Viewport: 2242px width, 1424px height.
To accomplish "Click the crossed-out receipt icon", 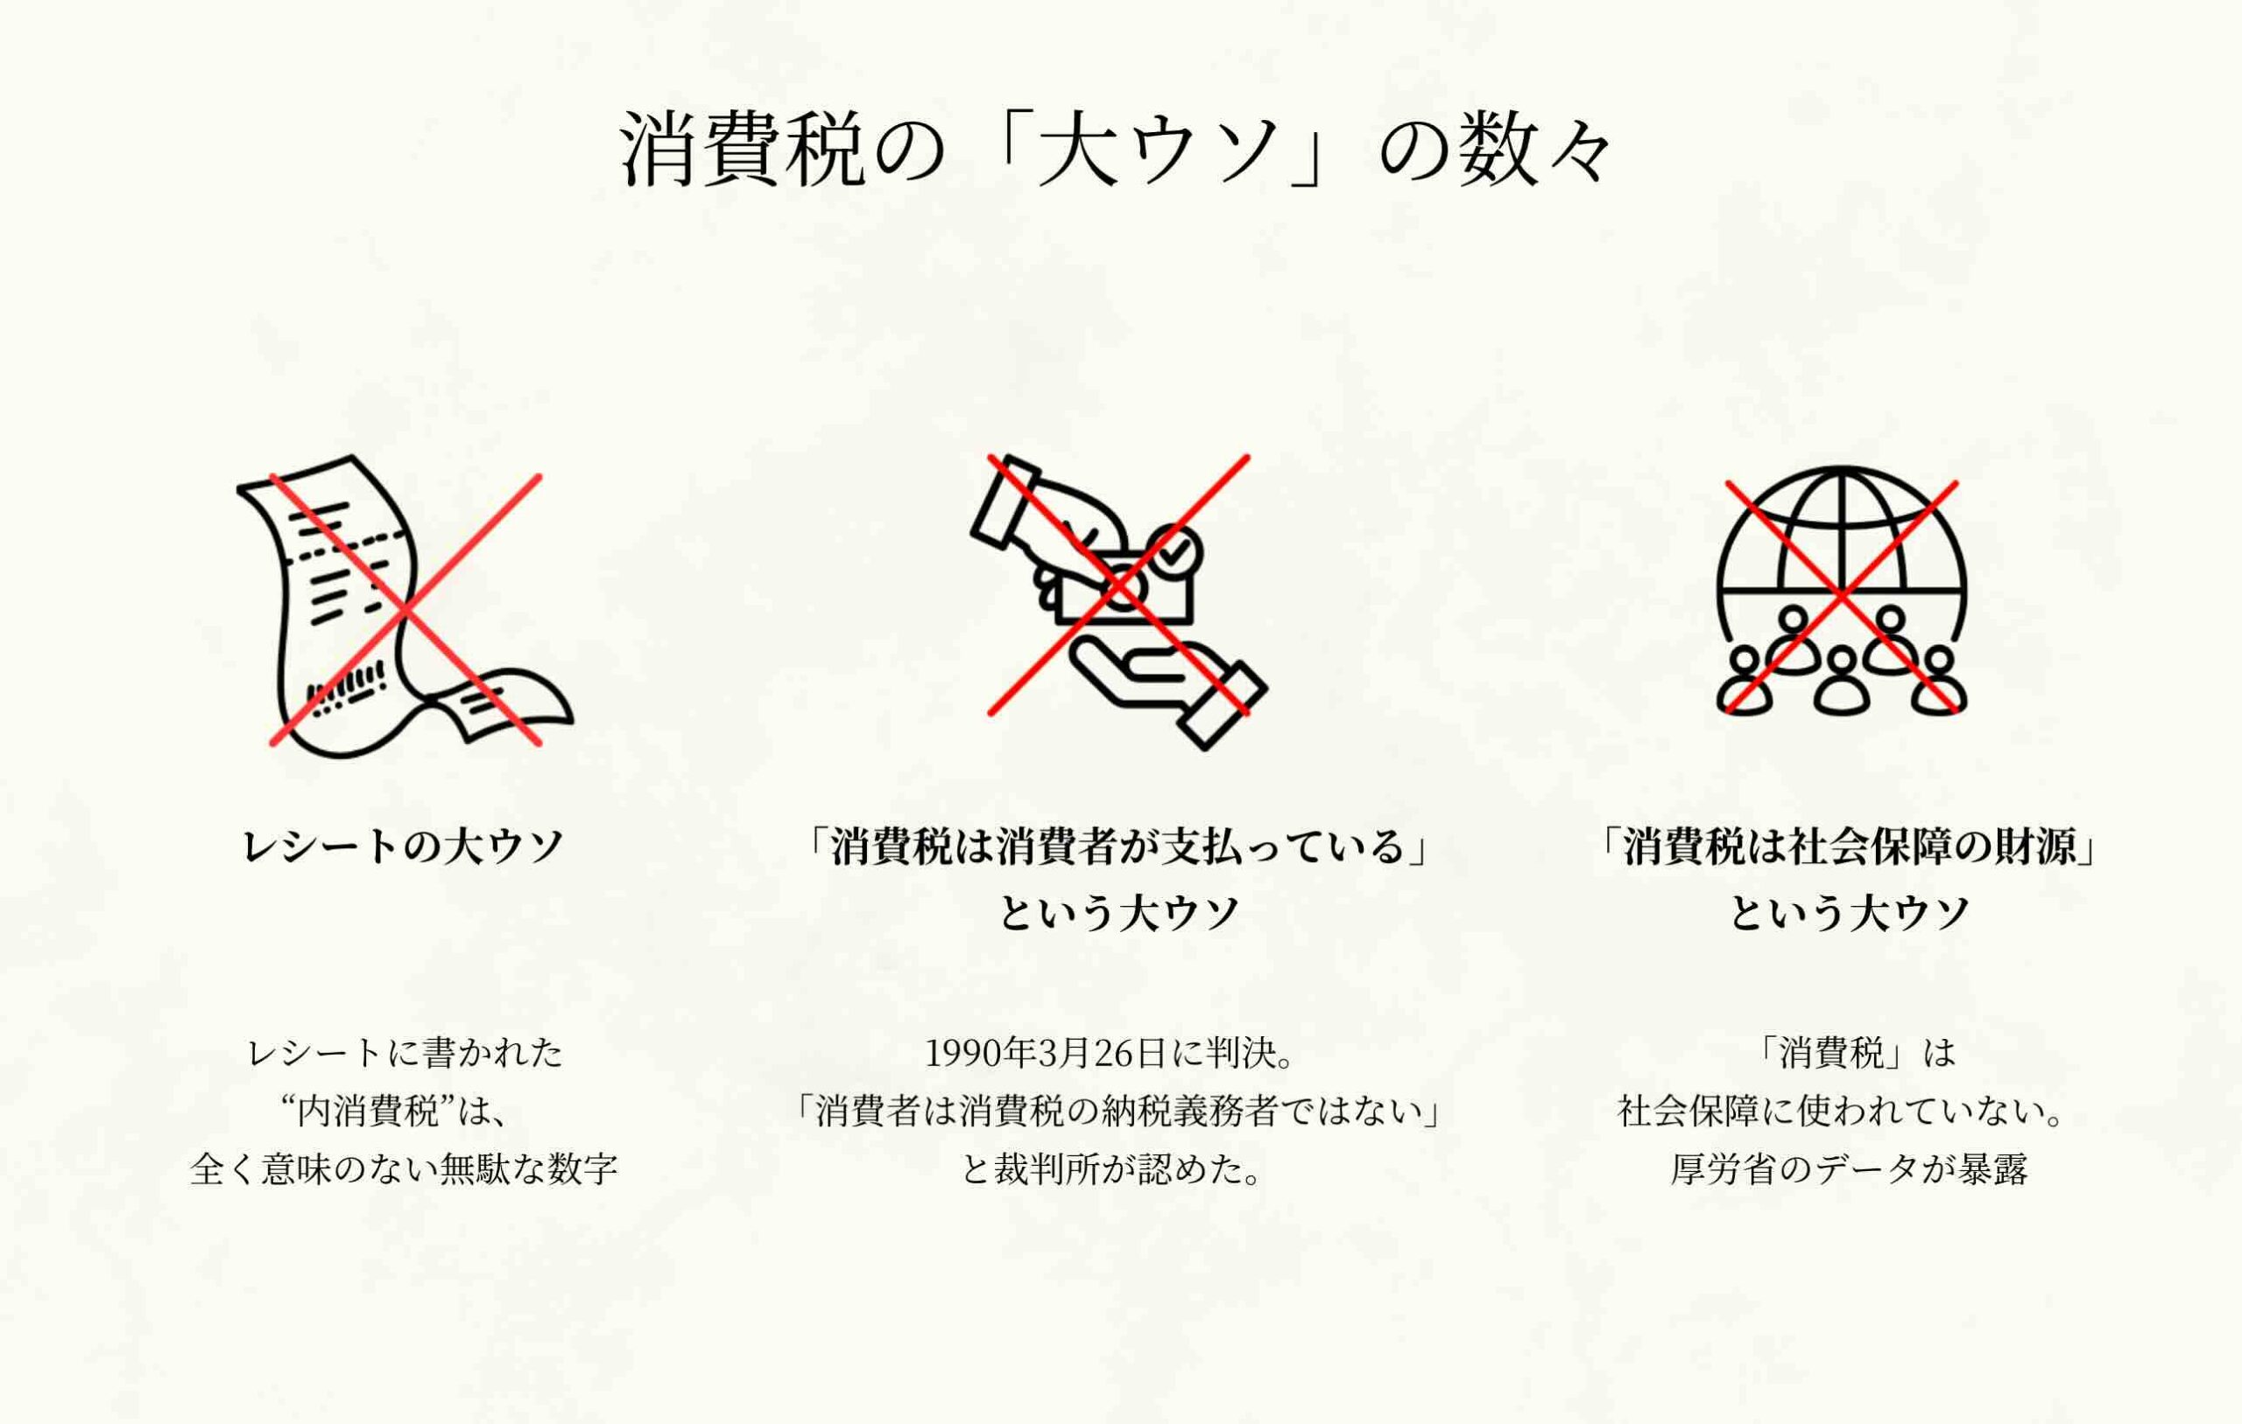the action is point(405,607).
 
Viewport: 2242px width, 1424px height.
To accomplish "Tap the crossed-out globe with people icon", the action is point(1842,591).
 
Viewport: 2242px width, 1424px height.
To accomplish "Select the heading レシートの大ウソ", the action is point(403,846).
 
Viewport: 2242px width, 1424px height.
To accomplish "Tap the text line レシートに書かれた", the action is point(405,1053).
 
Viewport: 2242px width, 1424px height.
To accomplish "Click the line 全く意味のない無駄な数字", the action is point(404,1169).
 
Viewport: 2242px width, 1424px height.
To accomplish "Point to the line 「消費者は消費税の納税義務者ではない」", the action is point(1117,1111).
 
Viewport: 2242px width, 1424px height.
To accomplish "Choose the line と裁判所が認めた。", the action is point(1112,1169).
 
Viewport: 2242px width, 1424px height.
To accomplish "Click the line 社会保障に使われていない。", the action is point(1841,1111).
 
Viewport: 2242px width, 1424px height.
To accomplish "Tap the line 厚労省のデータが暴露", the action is point(1849,1169).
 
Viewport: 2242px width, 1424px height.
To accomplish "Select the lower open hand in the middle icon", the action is point(1168,692).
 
